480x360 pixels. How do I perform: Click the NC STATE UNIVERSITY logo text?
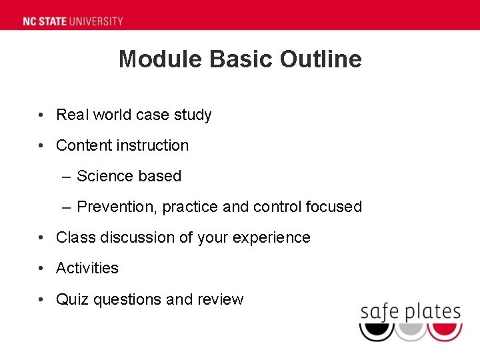point(73,21)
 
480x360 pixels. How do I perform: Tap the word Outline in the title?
point(321,59)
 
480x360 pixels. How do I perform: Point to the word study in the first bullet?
point(193,115)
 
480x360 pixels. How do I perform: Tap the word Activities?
point(87,268)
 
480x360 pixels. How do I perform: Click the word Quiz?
point(73,299)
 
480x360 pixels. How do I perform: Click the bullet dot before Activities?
point(42,268)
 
